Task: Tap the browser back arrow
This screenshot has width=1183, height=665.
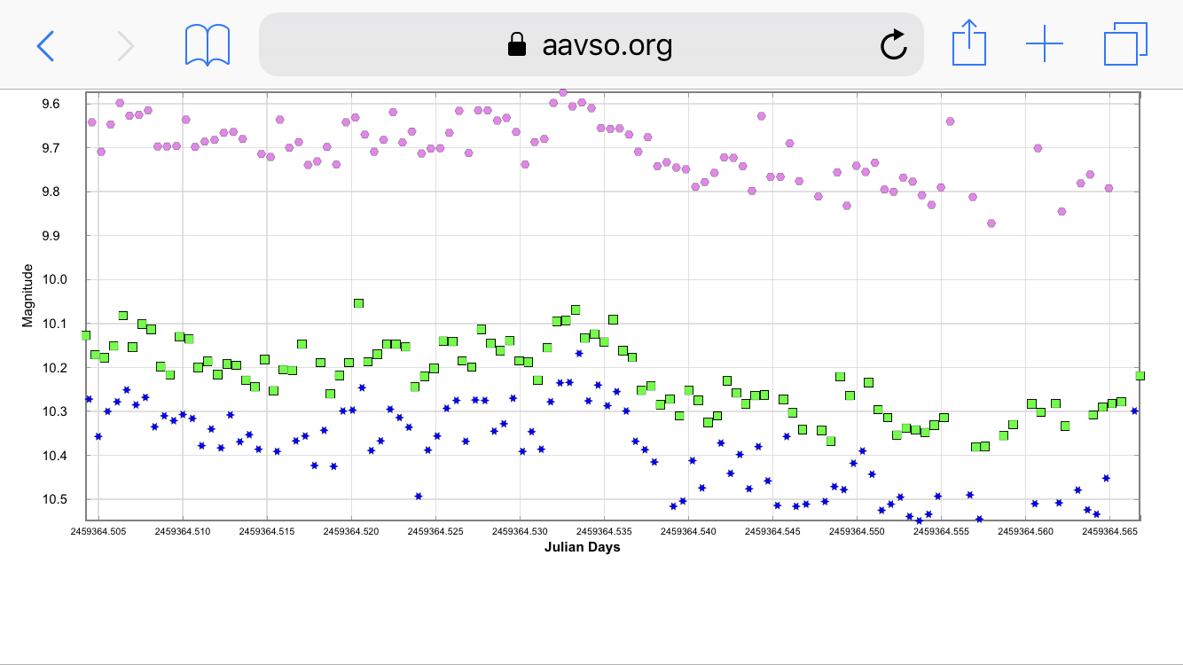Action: (45, 45)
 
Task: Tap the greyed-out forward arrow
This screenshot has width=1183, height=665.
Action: (126, 45)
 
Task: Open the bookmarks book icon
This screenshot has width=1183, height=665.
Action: (208, 44)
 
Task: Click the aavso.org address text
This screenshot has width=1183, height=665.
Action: (607, 44)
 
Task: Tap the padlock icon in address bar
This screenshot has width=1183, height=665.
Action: (516, 44)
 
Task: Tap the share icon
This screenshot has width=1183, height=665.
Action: (969, 43)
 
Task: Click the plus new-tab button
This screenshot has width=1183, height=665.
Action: (1045, 43)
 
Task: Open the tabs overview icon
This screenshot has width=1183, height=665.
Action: (1125, 44)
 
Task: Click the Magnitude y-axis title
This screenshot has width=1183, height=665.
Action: (27, 294)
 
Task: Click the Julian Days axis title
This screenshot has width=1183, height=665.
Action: (582, 547)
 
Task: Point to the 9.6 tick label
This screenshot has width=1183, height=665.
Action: (51, 104)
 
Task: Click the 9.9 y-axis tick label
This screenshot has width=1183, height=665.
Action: (51, 236)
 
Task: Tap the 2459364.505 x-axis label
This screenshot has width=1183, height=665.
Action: (98, 532)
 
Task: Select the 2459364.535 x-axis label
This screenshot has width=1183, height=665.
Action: (604, 532)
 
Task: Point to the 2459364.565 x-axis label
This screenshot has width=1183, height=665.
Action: (1109, 532)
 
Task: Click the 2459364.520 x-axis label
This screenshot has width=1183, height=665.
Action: (351, 532)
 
